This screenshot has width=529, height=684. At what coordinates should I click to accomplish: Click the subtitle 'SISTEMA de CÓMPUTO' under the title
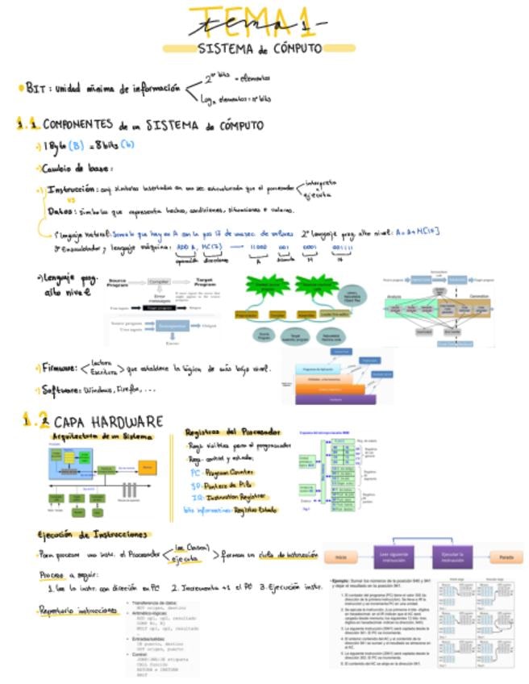tap(260, 48)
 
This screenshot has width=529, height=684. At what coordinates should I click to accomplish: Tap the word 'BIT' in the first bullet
tap(35, 88)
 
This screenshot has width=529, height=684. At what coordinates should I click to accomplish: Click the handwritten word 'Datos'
tap(60, 211)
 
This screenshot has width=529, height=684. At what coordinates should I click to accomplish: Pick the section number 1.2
tap(34, 420)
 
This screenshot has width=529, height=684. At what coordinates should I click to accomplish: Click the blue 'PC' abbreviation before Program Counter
tap(195, 473)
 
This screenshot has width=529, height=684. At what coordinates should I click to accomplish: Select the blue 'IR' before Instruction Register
tap(195, 498)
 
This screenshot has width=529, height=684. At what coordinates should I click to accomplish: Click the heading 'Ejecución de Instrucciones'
tap(93, 534)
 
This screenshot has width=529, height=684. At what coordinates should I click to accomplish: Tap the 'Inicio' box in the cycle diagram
tap(341, 557)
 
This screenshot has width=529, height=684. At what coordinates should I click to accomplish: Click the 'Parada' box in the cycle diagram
tap(506, 557)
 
